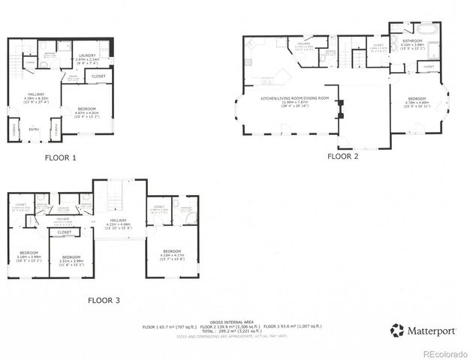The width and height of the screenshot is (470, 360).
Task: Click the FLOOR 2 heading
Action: click(x=343, y=156)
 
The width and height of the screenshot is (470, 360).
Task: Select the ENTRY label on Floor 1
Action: click(x=34, y=129)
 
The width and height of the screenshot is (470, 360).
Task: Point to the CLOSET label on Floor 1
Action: click(x=98, y=76)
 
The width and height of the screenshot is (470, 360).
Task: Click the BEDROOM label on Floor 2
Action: click(x=417, y=99)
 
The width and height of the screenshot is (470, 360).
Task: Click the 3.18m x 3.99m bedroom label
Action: click(x=29, y=253)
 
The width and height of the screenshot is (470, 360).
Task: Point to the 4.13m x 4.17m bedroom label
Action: click(x=172, y=251)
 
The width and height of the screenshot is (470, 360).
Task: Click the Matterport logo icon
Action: click(x=395, y=328)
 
